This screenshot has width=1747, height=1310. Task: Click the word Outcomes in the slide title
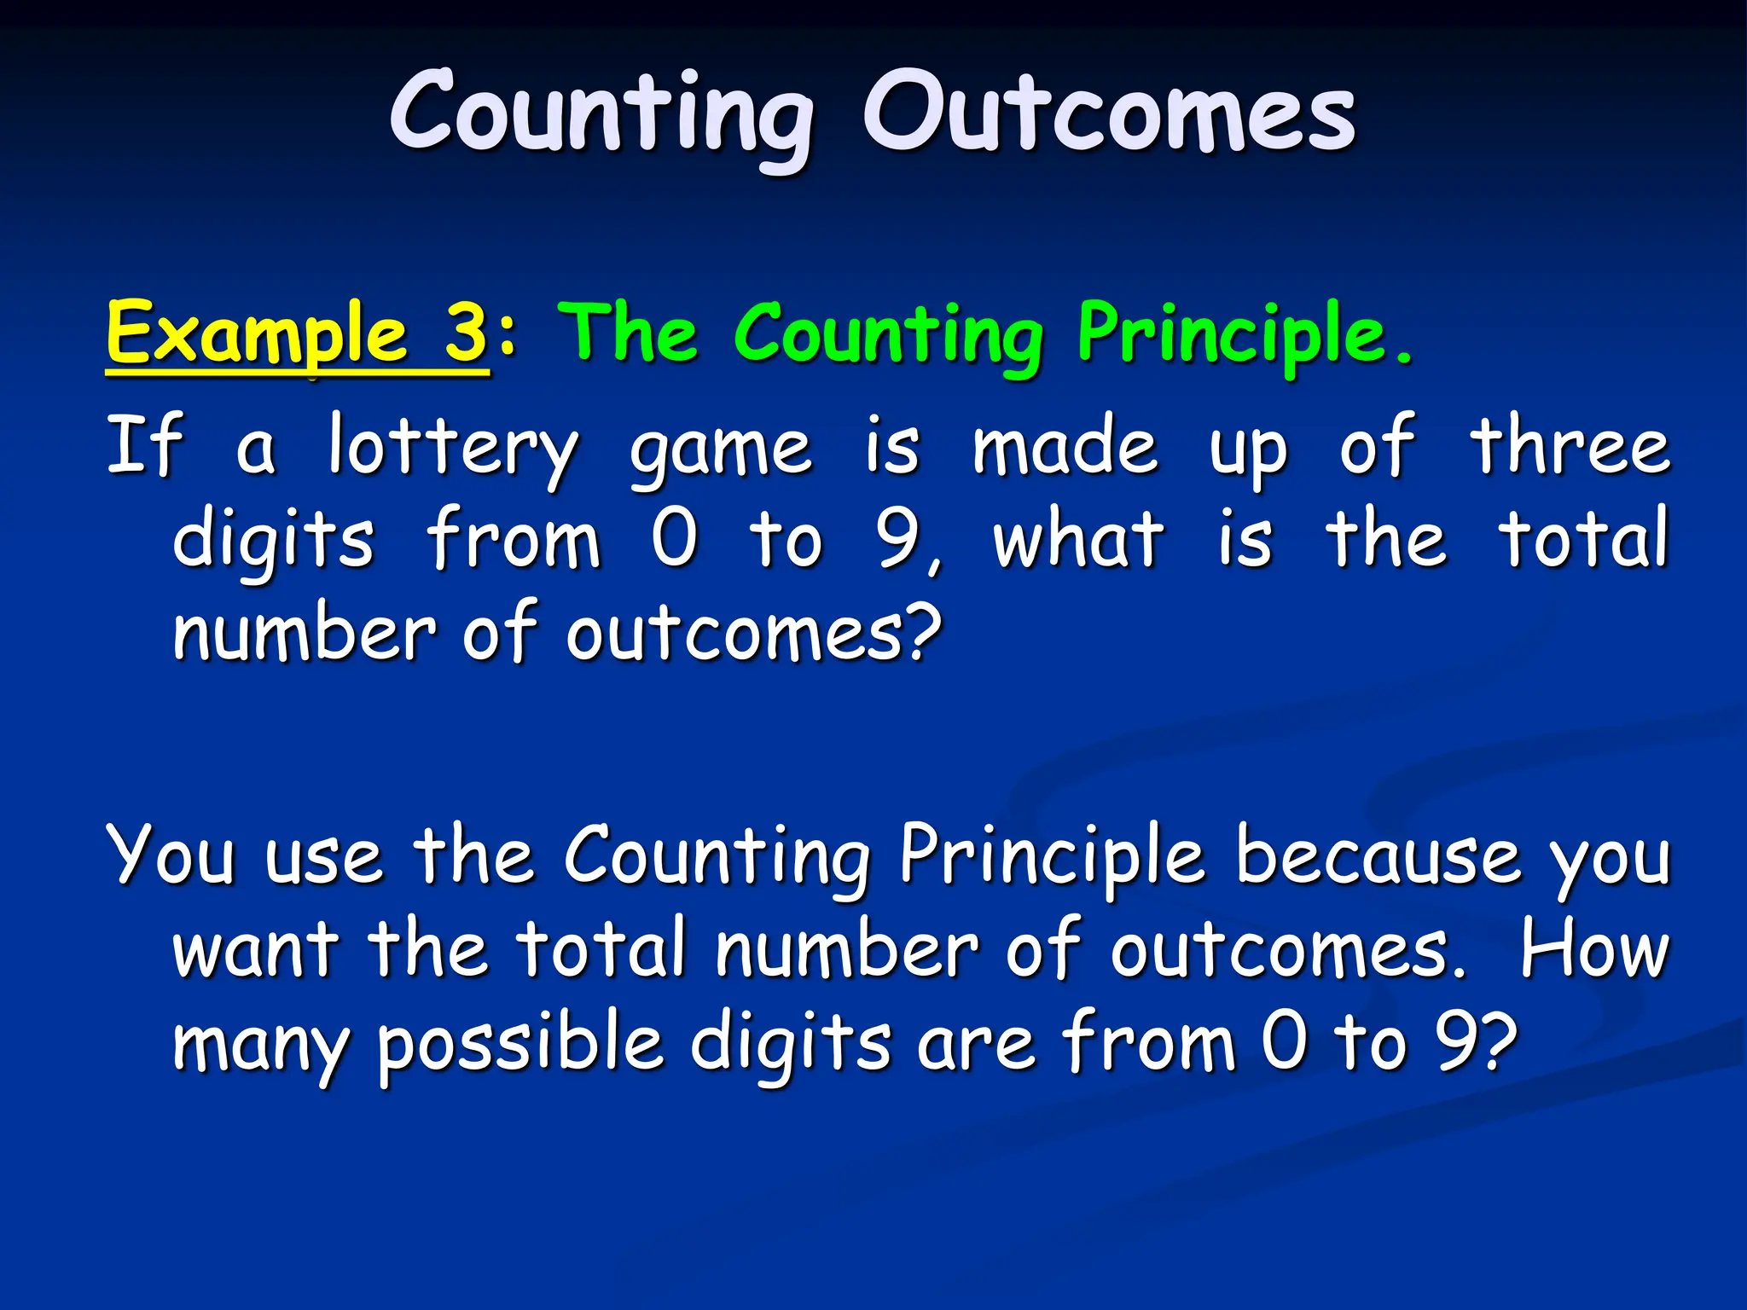click(1109, 113)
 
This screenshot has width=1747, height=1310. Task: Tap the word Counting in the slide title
click(601, 115)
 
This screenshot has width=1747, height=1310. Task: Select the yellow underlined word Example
click(257, 334)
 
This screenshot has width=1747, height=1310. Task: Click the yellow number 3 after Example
click(466, 333)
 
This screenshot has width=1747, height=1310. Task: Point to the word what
click(1078, 539)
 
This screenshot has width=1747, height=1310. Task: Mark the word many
click(260, 1046)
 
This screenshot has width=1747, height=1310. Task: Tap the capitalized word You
click(171, 855)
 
